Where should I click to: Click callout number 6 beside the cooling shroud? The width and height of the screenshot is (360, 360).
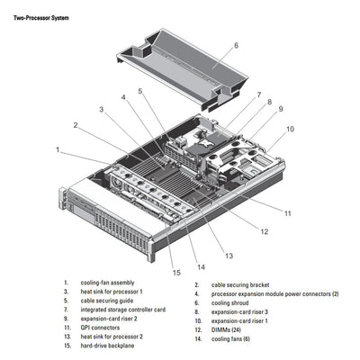click(236, 44)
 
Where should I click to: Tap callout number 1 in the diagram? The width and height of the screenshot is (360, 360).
click(58, 149)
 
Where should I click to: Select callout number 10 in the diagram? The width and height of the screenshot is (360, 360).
click(290, 129)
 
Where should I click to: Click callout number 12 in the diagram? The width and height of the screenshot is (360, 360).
click(264, 231)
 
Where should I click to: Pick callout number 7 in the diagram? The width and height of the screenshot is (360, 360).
click(258, 94)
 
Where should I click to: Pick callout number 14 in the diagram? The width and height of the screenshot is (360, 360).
click(201, 266)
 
